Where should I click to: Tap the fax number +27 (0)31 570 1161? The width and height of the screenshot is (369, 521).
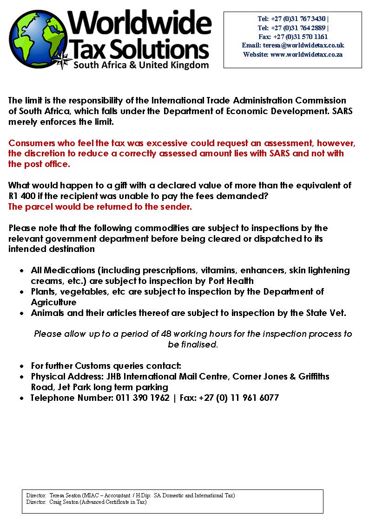300,37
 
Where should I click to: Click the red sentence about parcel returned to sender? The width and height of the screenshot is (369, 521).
100,207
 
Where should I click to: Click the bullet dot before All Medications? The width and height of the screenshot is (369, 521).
21,270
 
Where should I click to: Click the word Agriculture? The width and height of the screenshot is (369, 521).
53,302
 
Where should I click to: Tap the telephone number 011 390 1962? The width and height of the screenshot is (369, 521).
143,398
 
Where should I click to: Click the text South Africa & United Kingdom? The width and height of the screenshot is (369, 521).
141,65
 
